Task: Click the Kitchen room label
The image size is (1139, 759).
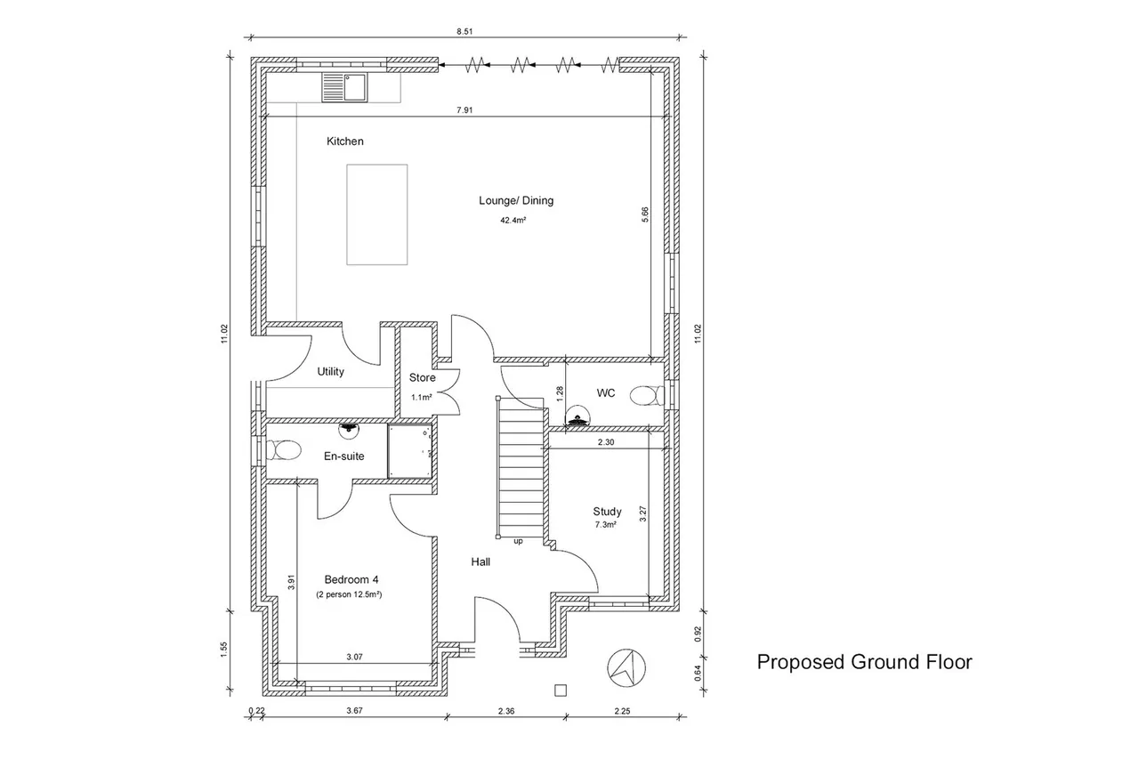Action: pyautogui.click(x=344, y=141)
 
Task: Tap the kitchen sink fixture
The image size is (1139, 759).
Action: pyautogui.click(x=344, y=87)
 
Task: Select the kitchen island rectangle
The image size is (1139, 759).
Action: pyautogui.click(x=376, y=214)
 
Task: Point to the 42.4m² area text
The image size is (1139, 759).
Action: pyautogui.click(x=513, y=221)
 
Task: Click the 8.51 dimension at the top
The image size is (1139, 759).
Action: pyautogui.click(x=464, y=31)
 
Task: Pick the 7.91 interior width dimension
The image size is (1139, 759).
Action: pyautogui.click(x=464, y=109)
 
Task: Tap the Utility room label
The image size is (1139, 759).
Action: pyautogui.click(x=330, y=372)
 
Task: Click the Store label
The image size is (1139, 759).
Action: pyautogui.click(x=422, y=378)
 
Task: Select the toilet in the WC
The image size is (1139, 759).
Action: pyautogui.click(x=647, y=395)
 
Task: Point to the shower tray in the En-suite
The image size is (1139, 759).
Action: pyautogui.click(x=410, y=451)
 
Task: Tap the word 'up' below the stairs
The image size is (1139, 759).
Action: pyautogui.click(x=518, y=541)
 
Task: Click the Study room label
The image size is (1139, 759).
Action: pyautogui.click(x=607, y=512)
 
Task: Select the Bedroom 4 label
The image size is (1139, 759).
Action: pyautogui.click(x=351, y=579)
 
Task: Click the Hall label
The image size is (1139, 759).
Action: pyautogui.click(x=481, y=561)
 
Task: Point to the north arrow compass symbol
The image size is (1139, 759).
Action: pyautogui.click(x=626, y=668)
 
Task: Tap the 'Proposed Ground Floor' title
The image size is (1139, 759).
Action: pyautogui.click(x=864, y=662)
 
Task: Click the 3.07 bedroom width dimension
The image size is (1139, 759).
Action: pyautogui.click(x=354, y=657)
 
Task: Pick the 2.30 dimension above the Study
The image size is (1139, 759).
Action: pyautogui.click(x=606, y=442)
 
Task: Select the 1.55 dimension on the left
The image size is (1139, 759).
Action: pyautogui.click(x=224, y=650)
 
